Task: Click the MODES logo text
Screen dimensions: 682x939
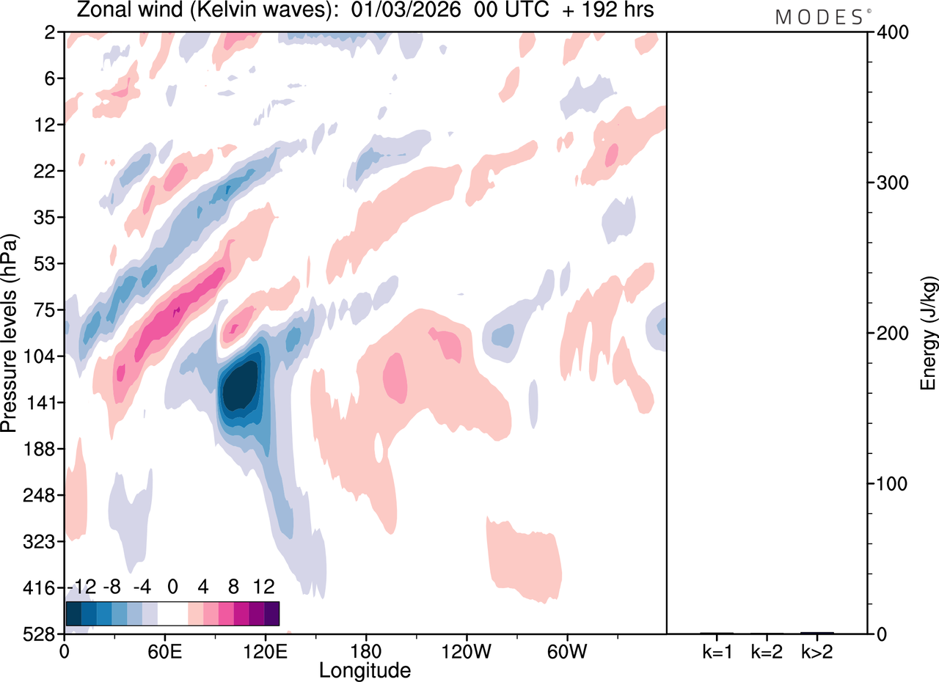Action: pos(819,18)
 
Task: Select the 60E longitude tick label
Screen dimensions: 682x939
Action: pos(164,650)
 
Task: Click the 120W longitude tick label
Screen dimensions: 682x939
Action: pos(466,650)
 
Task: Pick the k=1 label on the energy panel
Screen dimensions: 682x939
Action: pos(716,650)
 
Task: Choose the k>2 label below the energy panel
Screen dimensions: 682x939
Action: pos(816,650)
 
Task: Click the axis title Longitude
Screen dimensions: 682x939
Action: pos(365,669)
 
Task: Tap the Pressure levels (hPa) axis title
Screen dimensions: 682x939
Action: pos(10,334)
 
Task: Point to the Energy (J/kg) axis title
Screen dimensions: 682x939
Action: pos(928,334)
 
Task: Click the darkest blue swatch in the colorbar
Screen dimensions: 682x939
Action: pos(73,613)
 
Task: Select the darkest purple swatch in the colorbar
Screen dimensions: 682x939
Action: pos(271,613)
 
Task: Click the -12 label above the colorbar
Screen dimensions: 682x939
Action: pos(82,587)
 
